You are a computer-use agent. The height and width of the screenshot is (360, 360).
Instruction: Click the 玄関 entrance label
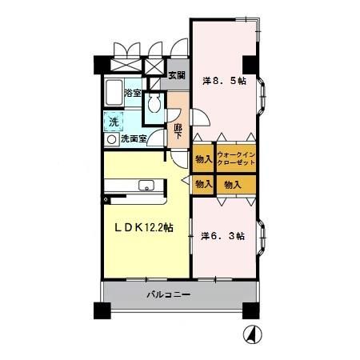click(177, 75)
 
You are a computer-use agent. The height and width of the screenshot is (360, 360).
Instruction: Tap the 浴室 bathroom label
click(133, 93)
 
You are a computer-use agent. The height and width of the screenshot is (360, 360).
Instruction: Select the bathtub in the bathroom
click(114, 93)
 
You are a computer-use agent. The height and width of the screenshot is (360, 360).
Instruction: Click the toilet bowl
click(154, 103)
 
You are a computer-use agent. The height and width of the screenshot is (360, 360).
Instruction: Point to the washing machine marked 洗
click(114, 122)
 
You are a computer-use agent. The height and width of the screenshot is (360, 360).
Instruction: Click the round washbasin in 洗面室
click(111, 139)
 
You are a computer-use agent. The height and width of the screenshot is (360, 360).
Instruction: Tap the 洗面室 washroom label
click(134, 138)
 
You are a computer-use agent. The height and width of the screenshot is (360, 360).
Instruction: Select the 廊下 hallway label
click(178, 131)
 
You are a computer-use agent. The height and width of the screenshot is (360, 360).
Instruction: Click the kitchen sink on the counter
click(146, 186)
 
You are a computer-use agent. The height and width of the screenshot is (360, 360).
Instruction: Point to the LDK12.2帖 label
click(144, 227)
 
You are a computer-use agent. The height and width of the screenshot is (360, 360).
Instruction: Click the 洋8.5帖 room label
click(224, 81)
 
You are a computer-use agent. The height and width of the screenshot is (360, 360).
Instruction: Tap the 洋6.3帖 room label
click(223, 236)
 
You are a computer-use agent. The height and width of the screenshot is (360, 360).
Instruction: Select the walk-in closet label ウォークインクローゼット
click(236, 158)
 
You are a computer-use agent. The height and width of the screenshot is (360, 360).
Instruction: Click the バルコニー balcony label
click(169, 294)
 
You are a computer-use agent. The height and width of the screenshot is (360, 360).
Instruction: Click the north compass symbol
click(252, 334)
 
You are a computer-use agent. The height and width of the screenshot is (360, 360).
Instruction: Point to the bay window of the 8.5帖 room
click(262, 96)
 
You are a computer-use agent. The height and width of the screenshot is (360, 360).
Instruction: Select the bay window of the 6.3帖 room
click(262, 238)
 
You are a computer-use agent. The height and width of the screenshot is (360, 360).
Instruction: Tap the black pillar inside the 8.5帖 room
click(250, 65)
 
